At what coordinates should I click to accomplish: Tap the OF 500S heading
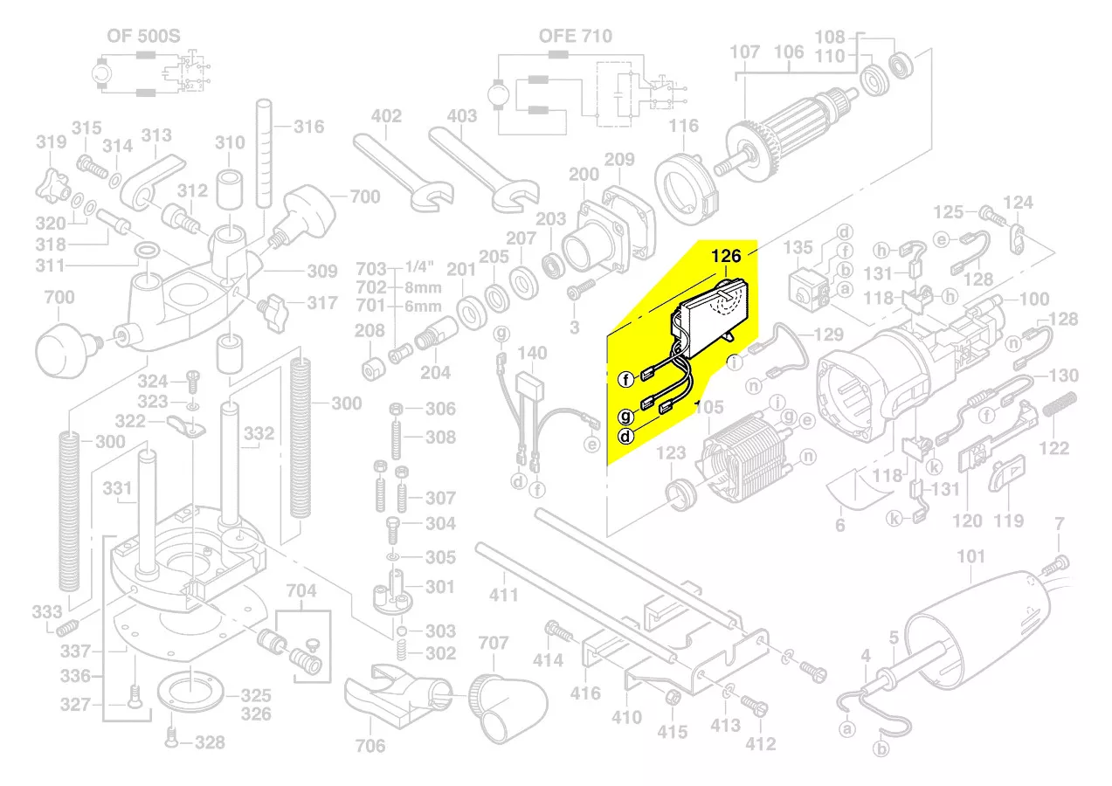(x=143, y=37)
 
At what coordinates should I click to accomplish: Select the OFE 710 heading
(x=575, y=37)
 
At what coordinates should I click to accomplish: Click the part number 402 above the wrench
(x=386, y=116)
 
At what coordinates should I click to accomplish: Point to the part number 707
(x=494, y=644)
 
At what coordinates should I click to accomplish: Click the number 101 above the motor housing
(x=971, y=556)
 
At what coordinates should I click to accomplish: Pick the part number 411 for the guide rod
(x=504, y=596)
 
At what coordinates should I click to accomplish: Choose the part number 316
(x=308, y=127)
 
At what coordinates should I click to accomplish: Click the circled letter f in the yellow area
(x=625, y=379)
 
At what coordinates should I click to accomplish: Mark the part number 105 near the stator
(x=709, y=406)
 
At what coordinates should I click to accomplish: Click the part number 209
(x=619, y=160)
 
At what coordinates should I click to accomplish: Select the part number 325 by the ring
(x=256, y=696)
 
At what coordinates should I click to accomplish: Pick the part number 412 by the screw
(x=761, y=744)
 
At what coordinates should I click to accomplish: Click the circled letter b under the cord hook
(x=882, y=748)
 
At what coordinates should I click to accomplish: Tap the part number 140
(x=532, y=353)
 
